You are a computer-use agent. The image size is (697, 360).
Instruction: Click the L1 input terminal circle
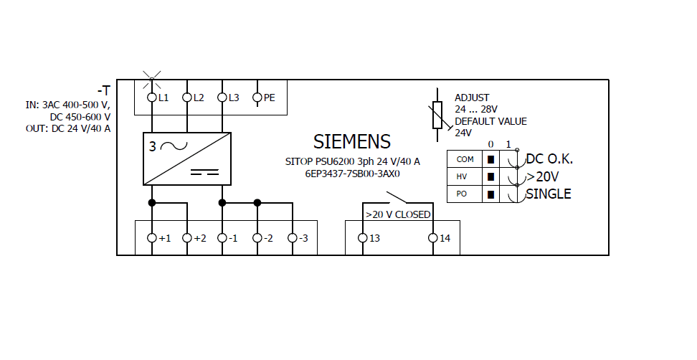point(152,97)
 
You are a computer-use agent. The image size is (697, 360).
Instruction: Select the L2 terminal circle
point(187,97)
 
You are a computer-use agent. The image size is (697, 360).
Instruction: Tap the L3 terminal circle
point(222,97)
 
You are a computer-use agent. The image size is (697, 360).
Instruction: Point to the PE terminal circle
point(257,97)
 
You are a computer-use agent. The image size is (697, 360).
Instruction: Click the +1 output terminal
point(152,237)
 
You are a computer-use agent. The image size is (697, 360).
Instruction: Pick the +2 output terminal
point(187,237)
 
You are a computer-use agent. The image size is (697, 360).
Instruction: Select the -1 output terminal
point(222,237)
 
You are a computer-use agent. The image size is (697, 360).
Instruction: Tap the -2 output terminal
point(257,237)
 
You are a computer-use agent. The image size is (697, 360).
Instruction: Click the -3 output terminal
point(293,237)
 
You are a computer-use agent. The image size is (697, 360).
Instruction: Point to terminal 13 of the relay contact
point(363,237)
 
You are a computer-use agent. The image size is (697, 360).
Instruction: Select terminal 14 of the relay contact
point(433,237)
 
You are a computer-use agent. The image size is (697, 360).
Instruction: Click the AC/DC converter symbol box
point(187,158)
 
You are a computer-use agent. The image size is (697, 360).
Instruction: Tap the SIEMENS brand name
point(352,141)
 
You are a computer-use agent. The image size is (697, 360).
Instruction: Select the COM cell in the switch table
point(465,159)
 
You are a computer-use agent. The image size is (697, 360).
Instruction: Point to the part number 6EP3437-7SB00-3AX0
point(352,174)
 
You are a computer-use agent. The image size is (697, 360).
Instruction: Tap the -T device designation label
point(104,90)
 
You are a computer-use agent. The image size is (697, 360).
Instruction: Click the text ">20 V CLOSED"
point(398,214)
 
